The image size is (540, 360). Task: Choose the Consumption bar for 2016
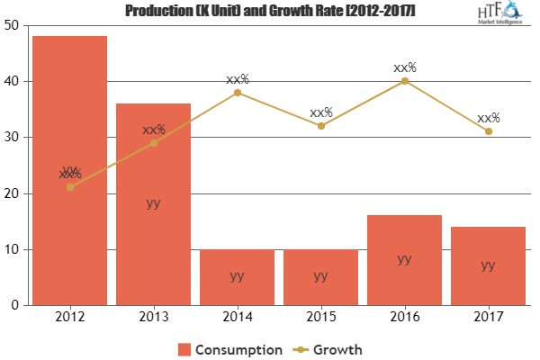point(404,260)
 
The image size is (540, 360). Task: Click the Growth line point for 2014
point(237,93)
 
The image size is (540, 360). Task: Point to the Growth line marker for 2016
point(404,81)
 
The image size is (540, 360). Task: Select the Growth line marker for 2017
point(488,131)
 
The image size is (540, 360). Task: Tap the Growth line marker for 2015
point(320,126)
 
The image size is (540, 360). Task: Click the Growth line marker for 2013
point(153,143)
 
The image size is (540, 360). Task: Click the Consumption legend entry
point(230,348)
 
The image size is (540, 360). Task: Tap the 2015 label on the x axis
point(320,318)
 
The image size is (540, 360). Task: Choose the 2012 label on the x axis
point(70,318)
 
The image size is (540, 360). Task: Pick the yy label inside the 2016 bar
point(404,259)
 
